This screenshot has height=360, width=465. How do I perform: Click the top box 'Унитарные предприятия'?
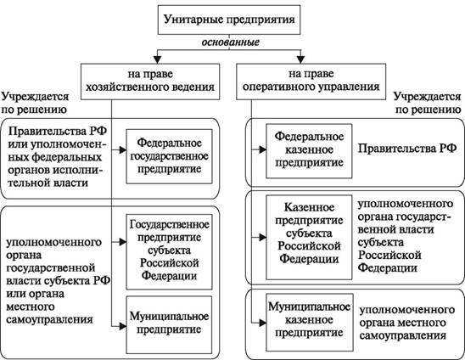pos(229,20)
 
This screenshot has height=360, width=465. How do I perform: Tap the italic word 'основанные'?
pos(231,42)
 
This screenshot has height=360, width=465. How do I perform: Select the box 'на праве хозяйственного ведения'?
pos(150,82)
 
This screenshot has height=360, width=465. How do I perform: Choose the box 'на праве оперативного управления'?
pos(311,82)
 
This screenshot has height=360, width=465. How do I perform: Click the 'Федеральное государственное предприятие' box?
pos(170,156)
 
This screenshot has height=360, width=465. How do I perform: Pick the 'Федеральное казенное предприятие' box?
pos(309,151)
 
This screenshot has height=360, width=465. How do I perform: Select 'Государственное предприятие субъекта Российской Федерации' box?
pos(170,251)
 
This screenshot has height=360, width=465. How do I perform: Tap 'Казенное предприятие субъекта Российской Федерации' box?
pos(309,237)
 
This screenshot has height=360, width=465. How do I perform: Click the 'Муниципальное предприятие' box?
pos(170,324)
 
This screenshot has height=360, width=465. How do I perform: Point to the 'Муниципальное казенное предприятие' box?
pos(310,323)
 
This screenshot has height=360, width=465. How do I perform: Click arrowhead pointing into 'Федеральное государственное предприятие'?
pos(123,150)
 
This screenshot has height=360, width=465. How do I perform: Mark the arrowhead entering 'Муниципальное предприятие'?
pos(123,326)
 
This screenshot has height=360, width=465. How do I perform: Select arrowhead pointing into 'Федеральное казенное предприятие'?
pos(262,149)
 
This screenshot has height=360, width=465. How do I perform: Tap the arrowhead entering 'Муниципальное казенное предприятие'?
pos(262,323)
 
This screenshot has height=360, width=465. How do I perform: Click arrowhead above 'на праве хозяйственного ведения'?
pos(157,59)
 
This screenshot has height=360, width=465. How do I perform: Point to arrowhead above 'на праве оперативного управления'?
pos(300,59)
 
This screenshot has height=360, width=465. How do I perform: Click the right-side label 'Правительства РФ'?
pos(407,149)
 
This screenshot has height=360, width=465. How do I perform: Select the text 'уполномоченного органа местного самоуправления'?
pos(407,323)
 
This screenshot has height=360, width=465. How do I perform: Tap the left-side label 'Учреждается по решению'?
pos(35,103)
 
